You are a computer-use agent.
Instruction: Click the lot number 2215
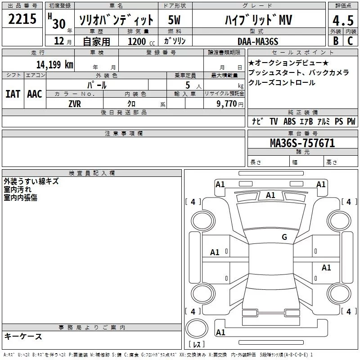pyautogui.click(x=22, y=19)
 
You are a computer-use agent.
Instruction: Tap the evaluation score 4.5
pyautogui.click(x=342, y=20)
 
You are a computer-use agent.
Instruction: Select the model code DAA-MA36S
pyautogui.click(x=258, y=41)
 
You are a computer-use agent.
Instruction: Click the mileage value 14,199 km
pyautogui.click(x=54, y=64)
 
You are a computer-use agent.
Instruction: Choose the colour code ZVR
pyautogui.click(x=75, y=103)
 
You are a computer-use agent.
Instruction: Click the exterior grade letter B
pyautogui.click(x=336, y=41)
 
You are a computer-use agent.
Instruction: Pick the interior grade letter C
pyautogui.click(x=350, y=41)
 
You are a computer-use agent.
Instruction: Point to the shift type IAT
pyautogui.click(x=13, y=94)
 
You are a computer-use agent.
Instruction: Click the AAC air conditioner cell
pyautogui.click(x=35, y=94)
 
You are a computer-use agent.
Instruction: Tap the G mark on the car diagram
pyautogui.click(x=284, y=237)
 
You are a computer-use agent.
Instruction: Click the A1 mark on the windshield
pyautogui.click(x=270, y=195)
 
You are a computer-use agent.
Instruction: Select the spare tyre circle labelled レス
pyautogui.click(x=197, y=332)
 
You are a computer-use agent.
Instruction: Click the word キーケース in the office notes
pyautogui.click(x=23, y=336)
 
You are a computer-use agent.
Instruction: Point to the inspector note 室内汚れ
pyautogui.click(x=18, y=189)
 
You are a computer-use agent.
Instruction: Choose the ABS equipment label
pyautogui.click(x=289, y=121)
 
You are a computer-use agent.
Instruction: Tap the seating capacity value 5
pyautogui.click(x=187, y=85)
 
